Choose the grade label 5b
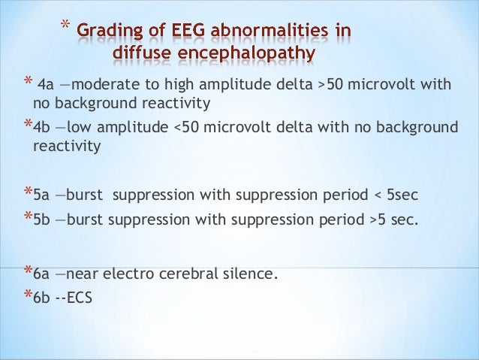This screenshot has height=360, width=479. pos(42,222)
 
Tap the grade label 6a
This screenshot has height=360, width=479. pos(42,274)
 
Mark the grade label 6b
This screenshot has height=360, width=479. pos(42,297)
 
